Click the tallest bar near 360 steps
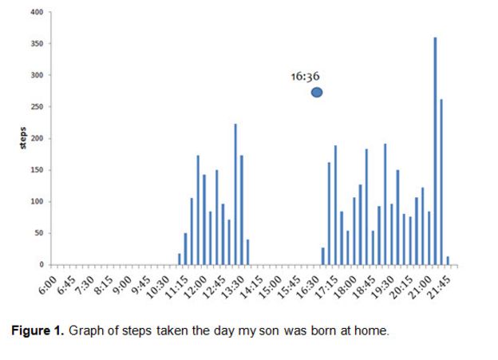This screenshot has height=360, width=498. pos(435,151)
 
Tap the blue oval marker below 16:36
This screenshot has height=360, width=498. pos(317,93)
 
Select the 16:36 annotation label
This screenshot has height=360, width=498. pos(305,77)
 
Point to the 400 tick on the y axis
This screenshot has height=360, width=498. pos(37,12)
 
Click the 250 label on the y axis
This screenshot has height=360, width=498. pos(37,107)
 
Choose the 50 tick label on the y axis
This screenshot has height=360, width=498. pos(39,233)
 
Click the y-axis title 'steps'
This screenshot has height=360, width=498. pos(23,138)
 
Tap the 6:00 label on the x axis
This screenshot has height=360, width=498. pos(48,285)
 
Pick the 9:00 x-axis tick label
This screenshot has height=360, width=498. pos(123,285)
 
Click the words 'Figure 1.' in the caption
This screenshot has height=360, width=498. pos(38,330)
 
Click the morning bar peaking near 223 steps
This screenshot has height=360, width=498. pos(235,194)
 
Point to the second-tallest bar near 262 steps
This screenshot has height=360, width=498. pos(441,182)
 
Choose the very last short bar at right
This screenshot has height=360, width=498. pos(448,260)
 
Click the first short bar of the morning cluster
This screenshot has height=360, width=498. pos(179,259)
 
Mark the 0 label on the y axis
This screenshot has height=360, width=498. pos(41,265)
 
